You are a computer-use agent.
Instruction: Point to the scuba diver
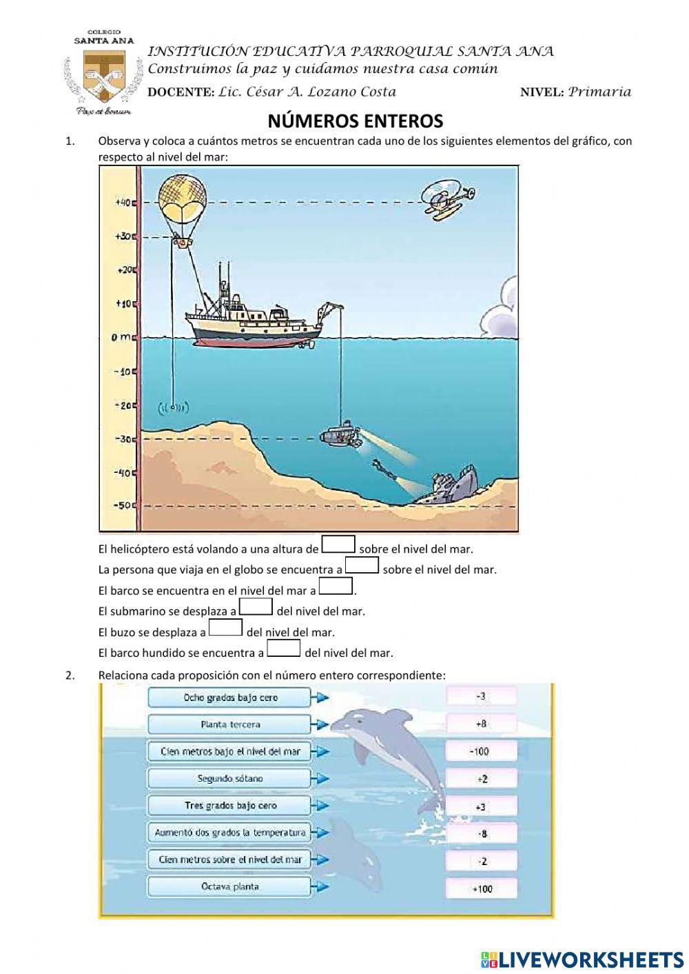[384, 468]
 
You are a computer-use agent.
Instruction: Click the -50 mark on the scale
[123, 505]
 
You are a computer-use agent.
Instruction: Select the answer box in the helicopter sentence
[338, 545]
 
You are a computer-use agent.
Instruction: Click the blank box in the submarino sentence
[256, 607]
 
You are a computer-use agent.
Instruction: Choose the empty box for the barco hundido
[284, 649]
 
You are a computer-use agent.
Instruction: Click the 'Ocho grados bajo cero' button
[230, 698]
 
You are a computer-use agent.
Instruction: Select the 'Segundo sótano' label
[230, 779]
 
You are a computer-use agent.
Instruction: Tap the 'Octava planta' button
[230, 886]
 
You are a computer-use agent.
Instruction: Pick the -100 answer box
[481, 751]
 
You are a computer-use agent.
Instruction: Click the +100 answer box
[481, 889]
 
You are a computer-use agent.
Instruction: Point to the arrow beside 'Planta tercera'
[320, 724]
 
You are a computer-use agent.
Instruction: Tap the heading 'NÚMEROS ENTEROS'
[355, 122]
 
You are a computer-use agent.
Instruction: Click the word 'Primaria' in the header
[599, 92]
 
